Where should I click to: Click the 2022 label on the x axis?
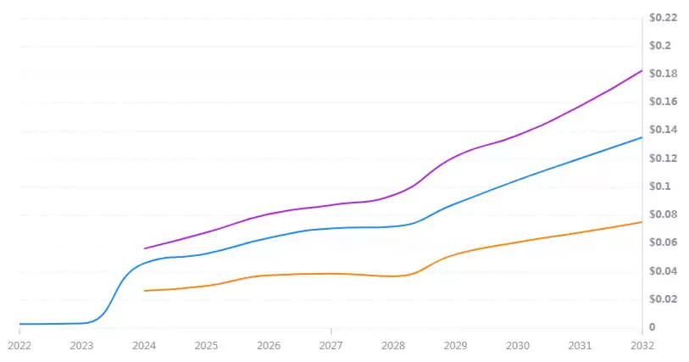[19, 346]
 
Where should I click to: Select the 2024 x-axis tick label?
[144, 346]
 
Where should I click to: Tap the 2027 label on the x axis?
[331, 346]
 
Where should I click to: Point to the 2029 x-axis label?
[456, 346]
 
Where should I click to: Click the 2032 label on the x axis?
[642, 346]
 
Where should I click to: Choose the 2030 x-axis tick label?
[518, 346]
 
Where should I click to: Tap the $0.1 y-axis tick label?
[659, 187]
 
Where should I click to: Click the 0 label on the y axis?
[652, 327]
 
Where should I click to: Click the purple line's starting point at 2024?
[145, 248]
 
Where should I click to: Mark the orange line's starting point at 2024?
[145, 291]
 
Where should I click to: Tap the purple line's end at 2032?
[642, 70]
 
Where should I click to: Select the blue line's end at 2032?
[642, 137]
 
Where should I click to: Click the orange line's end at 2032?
[642, 222]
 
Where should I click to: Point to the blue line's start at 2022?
[20, 324]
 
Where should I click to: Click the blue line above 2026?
[269, 237]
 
